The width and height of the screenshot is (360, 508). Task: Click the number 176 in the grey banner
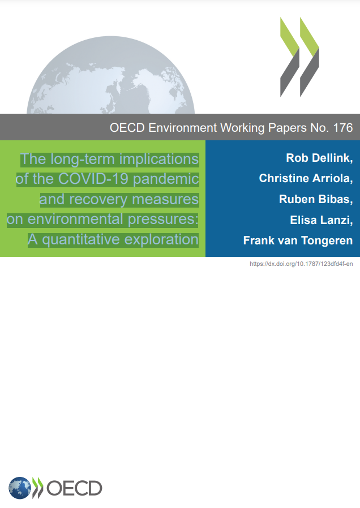[343, 128]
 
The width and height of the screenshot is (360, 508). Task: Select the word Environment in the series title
[182, 128]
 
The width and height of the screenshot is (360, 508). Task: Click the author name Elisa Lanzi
[320, 220]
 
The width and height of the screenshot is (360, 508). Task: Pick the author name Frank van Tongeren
[298, 240]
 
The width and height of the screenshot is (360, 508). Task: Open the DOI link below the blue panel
[301, 264]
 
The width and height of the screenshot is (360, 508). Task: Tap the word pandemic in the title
[166, 179]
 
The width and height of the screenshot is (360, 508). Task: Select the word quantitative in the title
[81, 240]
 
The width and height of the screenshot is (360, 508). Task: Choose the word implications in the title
[159, 160]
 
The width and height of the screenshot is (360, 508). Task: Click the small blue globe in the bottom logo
[20, 488]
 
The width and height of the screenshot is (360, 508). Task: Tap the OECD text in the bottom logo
[75, 488]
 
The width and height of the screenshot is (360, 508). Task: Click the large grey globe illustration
[110, 75]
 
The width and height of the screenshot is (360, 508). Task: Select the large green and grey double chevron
[300, 57]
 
